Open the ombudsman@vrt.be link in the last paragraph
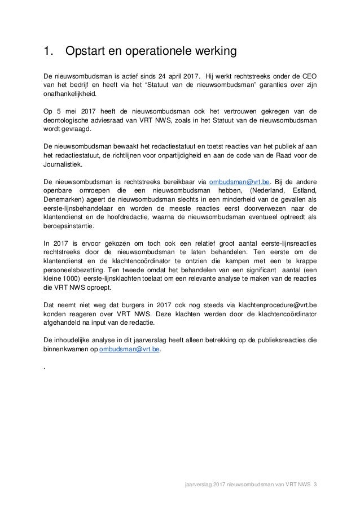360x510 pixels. (x=129, y=349)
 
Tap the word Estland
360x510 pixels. (x=301, y=191)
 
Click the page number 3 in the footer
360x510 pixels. (x=315, y=484)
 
